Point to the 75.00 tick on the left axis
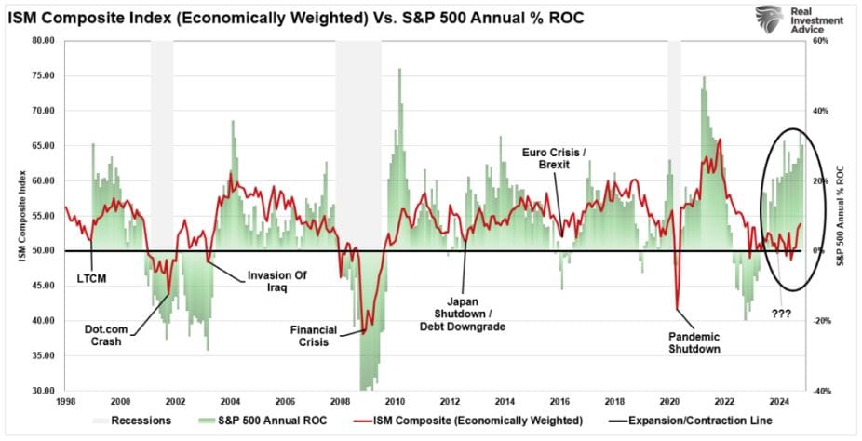tap(42, 75)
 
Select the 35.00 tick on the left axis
tap(42, 355)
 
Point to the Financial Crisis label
tap(314, 335)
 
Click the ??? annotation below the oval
tap(780, 314)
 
